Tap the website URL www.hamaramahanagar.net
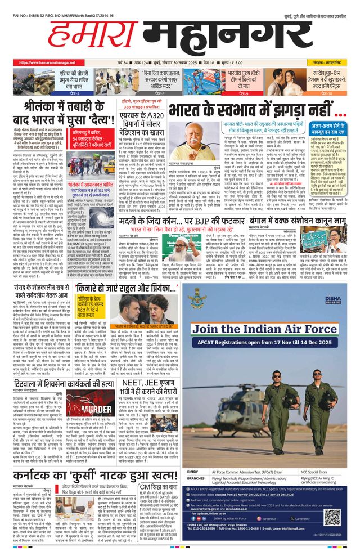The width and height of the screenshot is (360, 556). (51, 62)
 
